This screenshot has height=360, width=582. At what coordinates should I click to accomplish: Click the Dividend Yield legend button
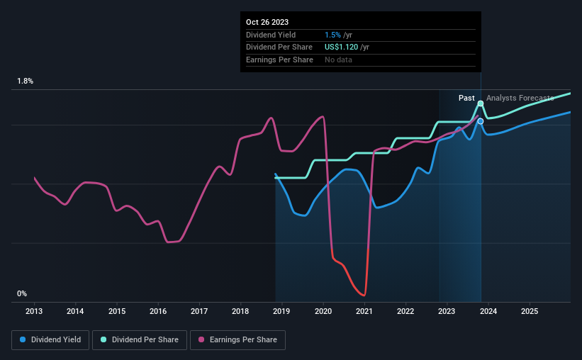50,340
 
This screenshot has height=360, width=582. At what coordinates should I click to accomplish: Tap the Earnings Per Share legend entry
238,340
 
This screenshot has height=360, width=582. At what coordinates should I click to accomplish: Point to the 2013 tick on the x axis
35,311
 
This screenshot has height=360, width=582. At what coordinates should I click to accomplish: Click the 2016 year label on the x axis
158,311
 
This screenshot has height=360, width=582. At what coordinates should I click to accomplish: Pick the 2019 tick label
281,311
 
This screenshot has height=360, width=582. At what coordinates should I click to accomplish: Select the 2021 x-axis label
364,311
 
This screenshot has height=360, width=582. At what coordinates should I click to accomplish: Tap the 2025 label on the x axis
529,311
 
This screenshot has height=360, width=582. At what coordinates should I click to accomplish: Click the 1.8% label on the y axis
26,81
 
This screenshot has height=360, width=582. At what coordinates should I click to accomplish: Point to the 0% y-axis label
22,293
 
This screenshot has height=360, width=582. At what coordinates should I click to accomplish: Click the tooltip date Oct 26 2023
267,23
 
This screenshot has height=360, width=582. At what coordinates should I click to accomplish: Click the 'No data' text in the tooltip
338,60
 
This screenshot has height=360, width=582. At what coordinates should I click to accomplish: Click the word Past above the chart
466,99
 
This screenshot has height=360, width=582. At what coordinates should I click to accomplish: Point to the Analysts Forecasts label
520,99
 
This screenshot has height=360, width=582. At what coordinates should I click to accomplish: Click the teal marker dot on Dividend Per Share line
481,103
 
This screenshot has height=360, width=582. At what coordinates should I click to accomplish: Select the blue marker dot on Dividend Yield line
481,121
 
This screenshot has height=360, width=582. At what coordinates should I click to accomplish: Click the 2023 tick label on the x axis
447,311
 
